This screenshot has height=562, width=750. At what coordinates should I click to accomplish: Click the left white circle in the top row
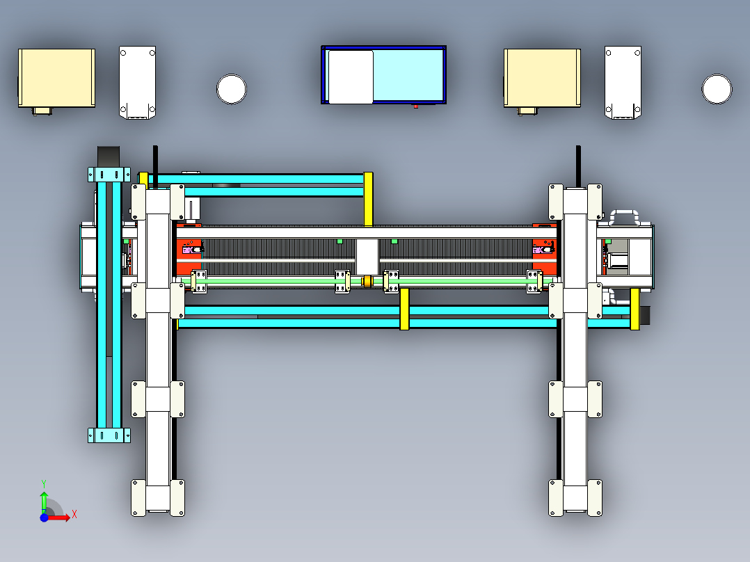tap(232, 89)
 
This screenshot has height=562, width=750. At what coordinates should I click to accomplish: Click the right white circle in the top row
tap(717, 89)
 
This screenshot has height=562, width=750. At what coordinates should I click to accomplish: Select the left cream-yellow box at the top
tap(56, 78)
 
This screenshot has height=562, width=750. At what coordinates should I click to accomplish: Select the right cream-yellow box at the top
tap(542, 78)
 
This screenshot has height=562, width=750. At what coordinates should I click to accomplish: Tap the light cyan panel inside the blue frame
tap(408, 75)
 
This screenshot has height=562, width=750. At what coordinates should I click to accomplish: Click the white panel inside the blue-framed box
tap(351, 77)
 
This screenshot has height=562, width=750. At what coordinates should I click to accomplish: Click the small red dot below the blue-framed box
tap(415, 106)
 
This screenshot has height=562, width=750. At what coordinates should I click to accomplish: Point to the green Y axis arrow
tap(44, 501)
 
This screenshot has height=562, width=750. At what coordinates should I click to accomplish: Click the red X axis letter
tap(74, 515)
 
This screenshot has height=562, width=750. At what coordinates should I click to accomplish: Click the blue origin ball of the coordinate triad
tap(44, 517)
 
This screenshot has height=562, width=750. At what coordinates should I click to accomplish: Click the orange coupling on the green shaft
tap(367, 281)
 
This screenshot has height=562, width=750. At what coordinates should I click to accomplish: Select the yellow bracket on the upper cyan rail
tap(368, 200)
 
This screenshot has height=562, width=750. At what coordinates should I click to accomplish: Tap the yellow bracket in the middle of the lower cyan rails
tap(404, 309)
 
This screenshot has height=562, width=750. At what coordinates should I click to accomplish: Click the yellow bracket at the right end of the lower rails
tap(635, 309)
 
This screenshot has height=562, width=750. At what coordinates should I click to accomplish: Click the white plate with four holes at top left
tap(137, 82)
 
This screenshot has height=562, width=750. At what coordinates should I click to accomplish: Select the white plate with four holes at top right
tap(623, 82)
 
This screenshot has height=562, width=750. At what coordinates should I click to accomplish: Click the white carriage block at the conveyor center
tap(367, 257)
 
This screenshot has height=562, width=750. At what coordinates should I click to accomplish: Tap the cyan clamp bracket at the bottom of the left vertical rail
tap(109, 435)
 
